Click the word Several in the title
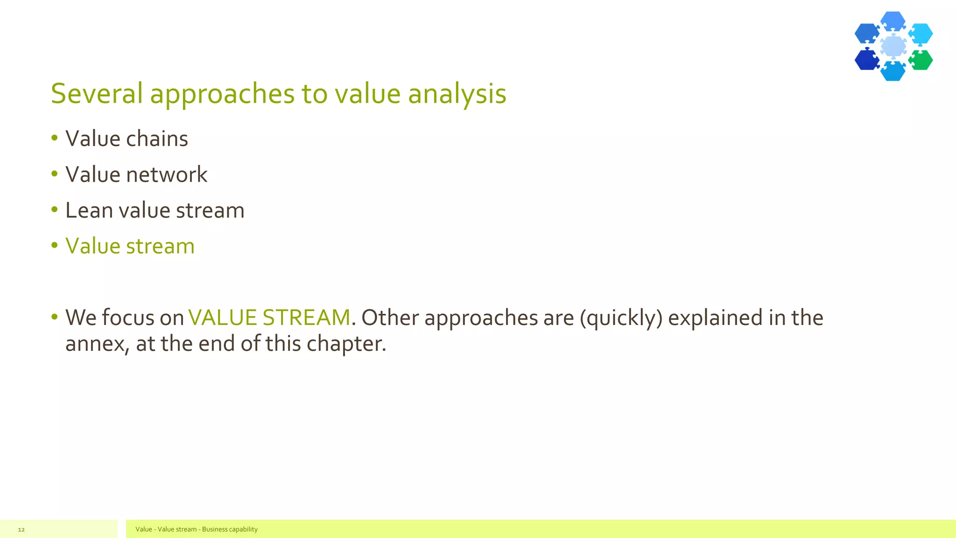[x=97, y=93]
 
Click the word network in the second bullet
[x=167, y=175]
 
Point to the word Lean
[x=89, y=210]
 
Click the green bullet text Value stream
[x=130, y=246]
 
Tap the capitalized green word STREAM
[x=306, y=318]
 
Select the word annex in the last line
[x=97, y=344]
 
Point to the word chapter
[x=346, y=344]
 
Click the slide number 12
[x=21, y=530]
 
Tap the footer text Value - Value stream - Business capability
[x=197, y=529]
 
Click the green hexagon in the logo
[x=921, y=60]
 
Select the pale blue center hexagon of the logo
[x=893, y=46]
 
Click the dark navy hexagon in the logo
[x=866, y=60]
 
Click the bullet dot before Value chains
[x=55, y=138]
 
